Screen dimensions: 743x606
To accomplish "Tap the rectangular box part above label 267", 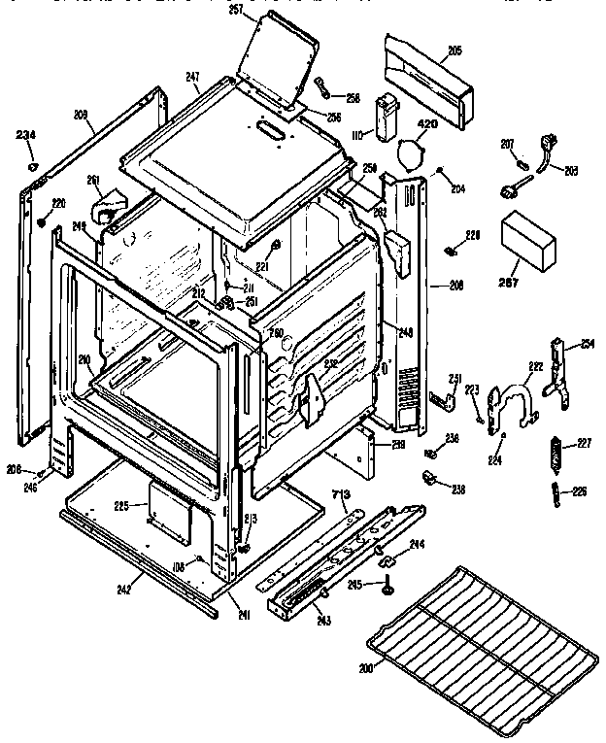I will point(528,241).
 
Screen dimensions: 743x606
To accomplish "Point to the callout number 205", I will point(454,50).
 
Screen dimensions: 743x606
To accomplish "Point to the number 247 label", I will point(193,76).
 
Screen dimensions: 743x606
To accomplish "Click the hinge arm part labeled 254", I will point(558,369).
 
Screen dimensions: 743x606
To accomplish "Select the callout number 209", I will point(81,116).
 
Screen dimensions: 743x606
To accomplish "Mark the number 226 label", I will point(580,490).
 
